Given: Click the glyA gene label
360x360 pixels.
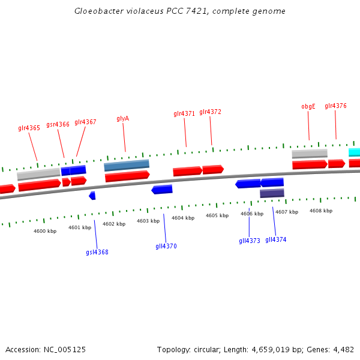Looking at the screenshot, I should click(x=123, y=119).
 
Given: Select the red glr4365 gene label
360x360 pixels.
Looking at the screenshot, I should click(x=29, y=128).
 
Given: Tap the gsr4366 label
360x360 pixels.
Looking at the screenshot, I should click(x=58, y=125).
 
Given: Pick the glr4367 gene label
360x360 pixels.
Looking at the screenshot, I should click(x=85, y=122).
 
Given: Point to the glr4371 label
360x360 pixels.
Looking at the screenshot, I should click(x=184, y=113).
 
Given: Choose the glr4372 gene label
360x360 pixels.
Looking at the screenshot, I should click(x=210, y=112).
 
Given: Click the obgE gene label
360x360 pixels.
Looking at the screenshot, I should click(x=308, y=106).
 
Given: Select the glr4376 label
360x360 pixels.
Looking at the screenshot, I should click(x=335, y=106).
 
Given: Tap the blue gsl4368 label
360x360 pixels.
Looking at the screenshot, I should click(x=97, y=252).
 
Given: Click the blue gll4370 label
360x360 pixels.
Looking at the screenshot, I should click(x=166, y=246).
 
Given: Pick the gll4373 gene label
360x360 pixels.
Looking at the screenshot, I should click(x=250, y=241).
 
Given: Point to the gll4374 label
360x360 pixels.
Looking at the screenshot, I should click(x=276, y=239).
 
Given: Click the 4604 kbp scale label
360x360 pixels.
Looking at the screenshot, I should click(x=183, y=218).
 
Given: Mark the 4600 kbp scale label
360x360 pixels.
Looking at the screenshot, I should click(x=45, y=230).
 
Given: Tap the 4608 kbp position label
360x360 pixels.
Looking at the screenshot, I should click(x=320, y=211).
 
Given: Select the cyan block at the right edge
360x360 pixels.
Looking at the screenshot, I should click(x=355, y=152).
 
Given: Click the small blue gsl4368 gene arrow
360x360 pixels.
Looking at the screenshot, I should click(x=92, y=196).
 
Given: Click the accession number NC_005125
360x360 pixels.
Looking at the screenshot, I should click(x=65, y=349).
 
